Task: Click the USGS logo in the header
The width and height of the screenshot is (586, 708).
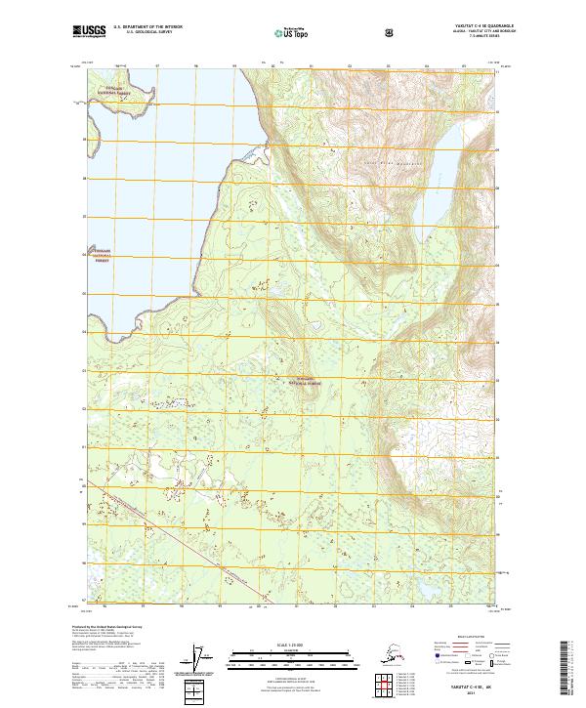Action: click(x=90, y=32)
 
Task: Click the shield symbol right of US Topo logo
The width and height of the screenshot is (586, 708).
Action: click(x=335, y=33)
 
